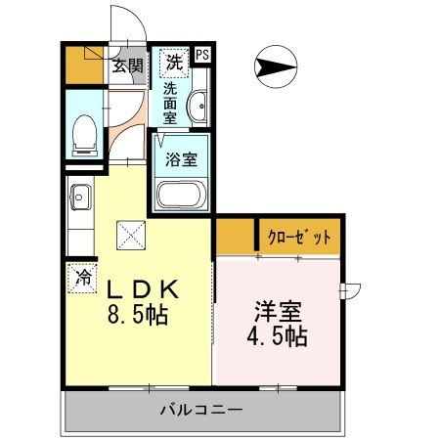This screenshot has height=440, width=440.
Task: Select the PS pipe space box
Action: point(202,56)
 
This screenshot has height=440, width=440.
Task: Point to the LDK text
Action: point(141,290)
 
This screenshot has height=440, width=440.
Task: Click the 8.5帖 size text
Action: point(139,316)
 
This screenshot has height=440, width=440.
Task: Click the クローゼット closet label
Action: point(300,236)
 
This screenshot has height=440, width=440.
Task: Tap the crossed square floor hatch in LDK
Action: point(130,234)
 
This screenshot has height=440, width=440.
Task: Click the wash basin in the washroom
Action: point(198,106)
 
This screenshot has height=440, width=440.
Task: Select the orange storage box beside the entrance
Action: point(82,63)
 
